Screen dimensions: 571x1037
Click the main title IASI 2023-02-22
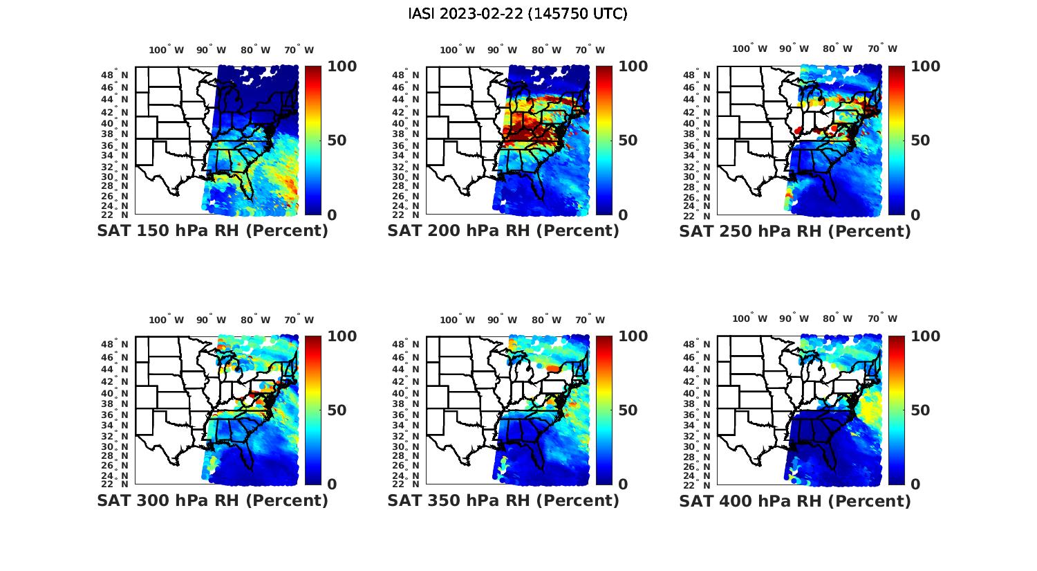pos(518,14)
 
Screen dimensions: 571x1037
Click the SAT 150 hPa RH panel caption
pos(212,230)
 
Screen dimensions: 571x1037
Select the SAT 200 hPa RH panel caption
pos(503,230)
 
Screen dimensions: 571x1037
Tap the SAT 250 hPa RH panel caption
pos(795,230)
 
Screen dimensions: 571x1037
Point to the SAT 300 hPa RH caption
pos(212,500)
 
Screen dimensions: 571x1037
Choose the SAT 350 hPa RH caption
pos(503,500)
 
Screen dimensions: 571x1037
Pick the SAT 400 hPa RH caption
pos(795,500)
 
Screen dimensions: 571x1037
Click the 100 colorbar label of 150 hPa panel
pos(342,66)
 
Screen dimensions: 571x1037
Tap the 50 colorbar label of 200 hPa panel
pos(628,141)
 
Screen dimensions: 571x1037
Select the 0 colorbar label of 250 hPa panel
pos(915,215)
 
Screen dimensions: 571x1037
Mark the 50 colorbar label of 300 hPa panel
pos(337,410)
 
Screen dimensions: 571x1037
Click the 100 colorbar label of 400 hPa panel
pos(926,336)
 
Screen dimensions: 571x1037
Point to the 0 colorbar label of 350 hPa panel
pos(623,484)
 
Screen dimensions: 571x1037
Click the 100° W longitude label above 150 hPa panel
pos(167,50)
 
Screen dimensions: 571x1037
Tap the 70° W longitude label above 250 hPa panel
pos(882,48)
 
